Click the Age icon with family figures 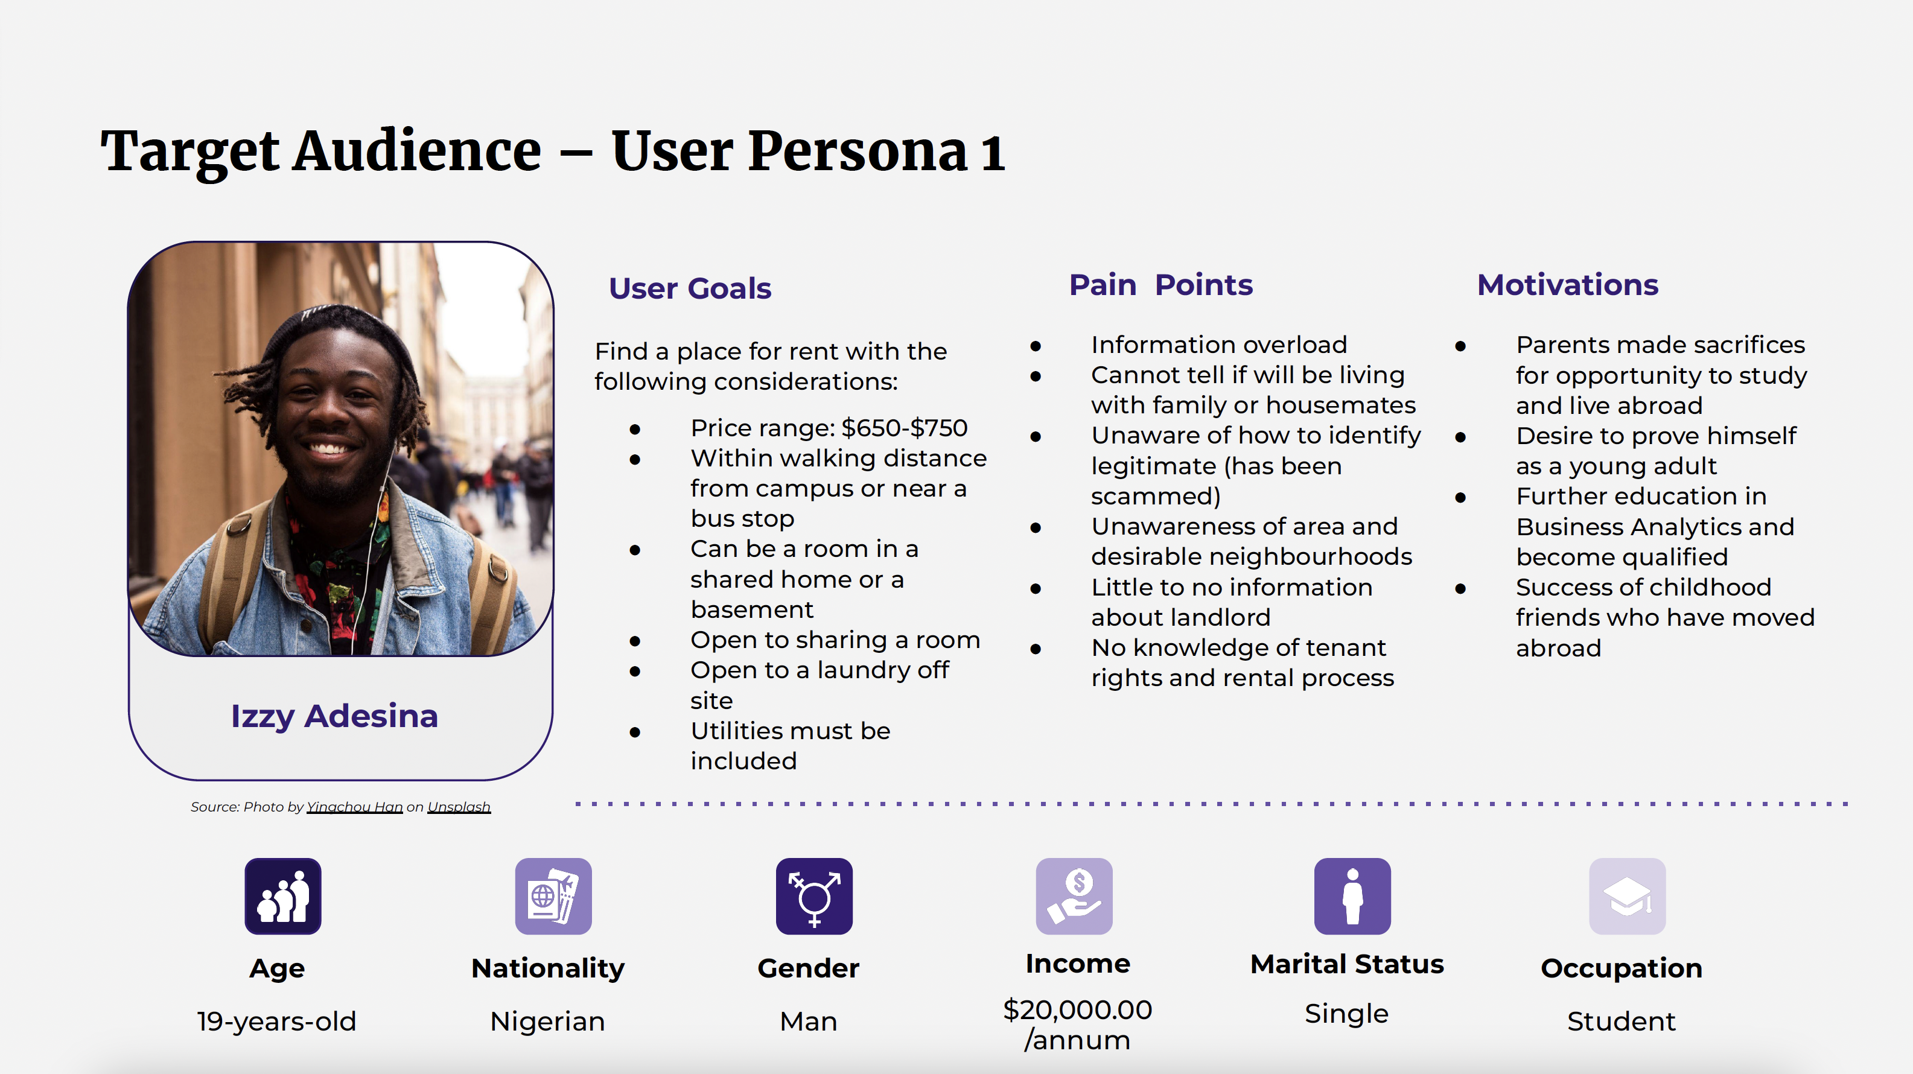click(283, 896)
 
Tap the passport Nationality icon click(553, 896)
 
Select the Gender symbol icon click(814, 896)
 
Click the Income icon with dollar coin click(1074, 896)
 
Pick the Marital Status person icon click(1352, 896)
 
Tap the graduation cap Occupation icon click(1627, 896)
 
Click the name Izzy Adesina click(334, 717)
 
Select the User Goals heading click(690, 288)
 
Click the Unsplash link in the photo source click(459, 807)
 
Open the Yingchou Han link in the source click(354, 807)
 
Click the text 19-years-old click(276, 1022)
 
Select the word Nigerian click(547, 1022)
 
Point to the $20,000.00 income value click(1078, 1009)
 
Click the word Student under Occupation click(1621, 1022)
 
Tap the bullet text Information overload click(1218, 345)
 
